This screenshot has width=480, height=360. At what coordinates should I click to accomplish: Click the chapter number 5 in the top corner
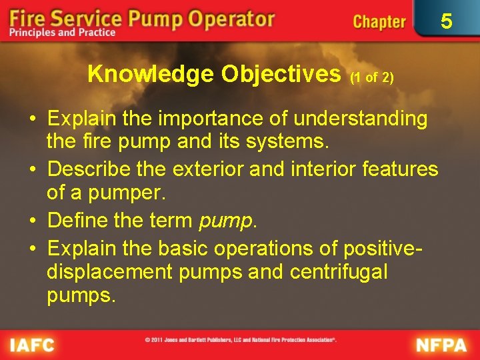[x=446, y=21]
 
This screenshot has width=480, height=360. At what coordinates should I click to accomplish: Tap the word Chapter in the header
[x=379, y=21]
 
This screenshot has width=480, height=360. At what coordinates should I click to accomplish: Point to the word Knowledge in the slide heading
[x=148, y=74]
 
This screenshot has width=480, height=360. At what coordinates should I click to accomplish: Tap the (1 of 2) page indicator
[x=372, y=77]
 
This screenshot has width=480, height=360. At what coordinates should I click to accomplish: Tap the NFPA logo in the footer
[x=441, y=345]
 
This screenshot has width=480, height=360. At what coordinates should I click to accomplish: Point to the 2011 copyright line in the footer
[x=240, y=340]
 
